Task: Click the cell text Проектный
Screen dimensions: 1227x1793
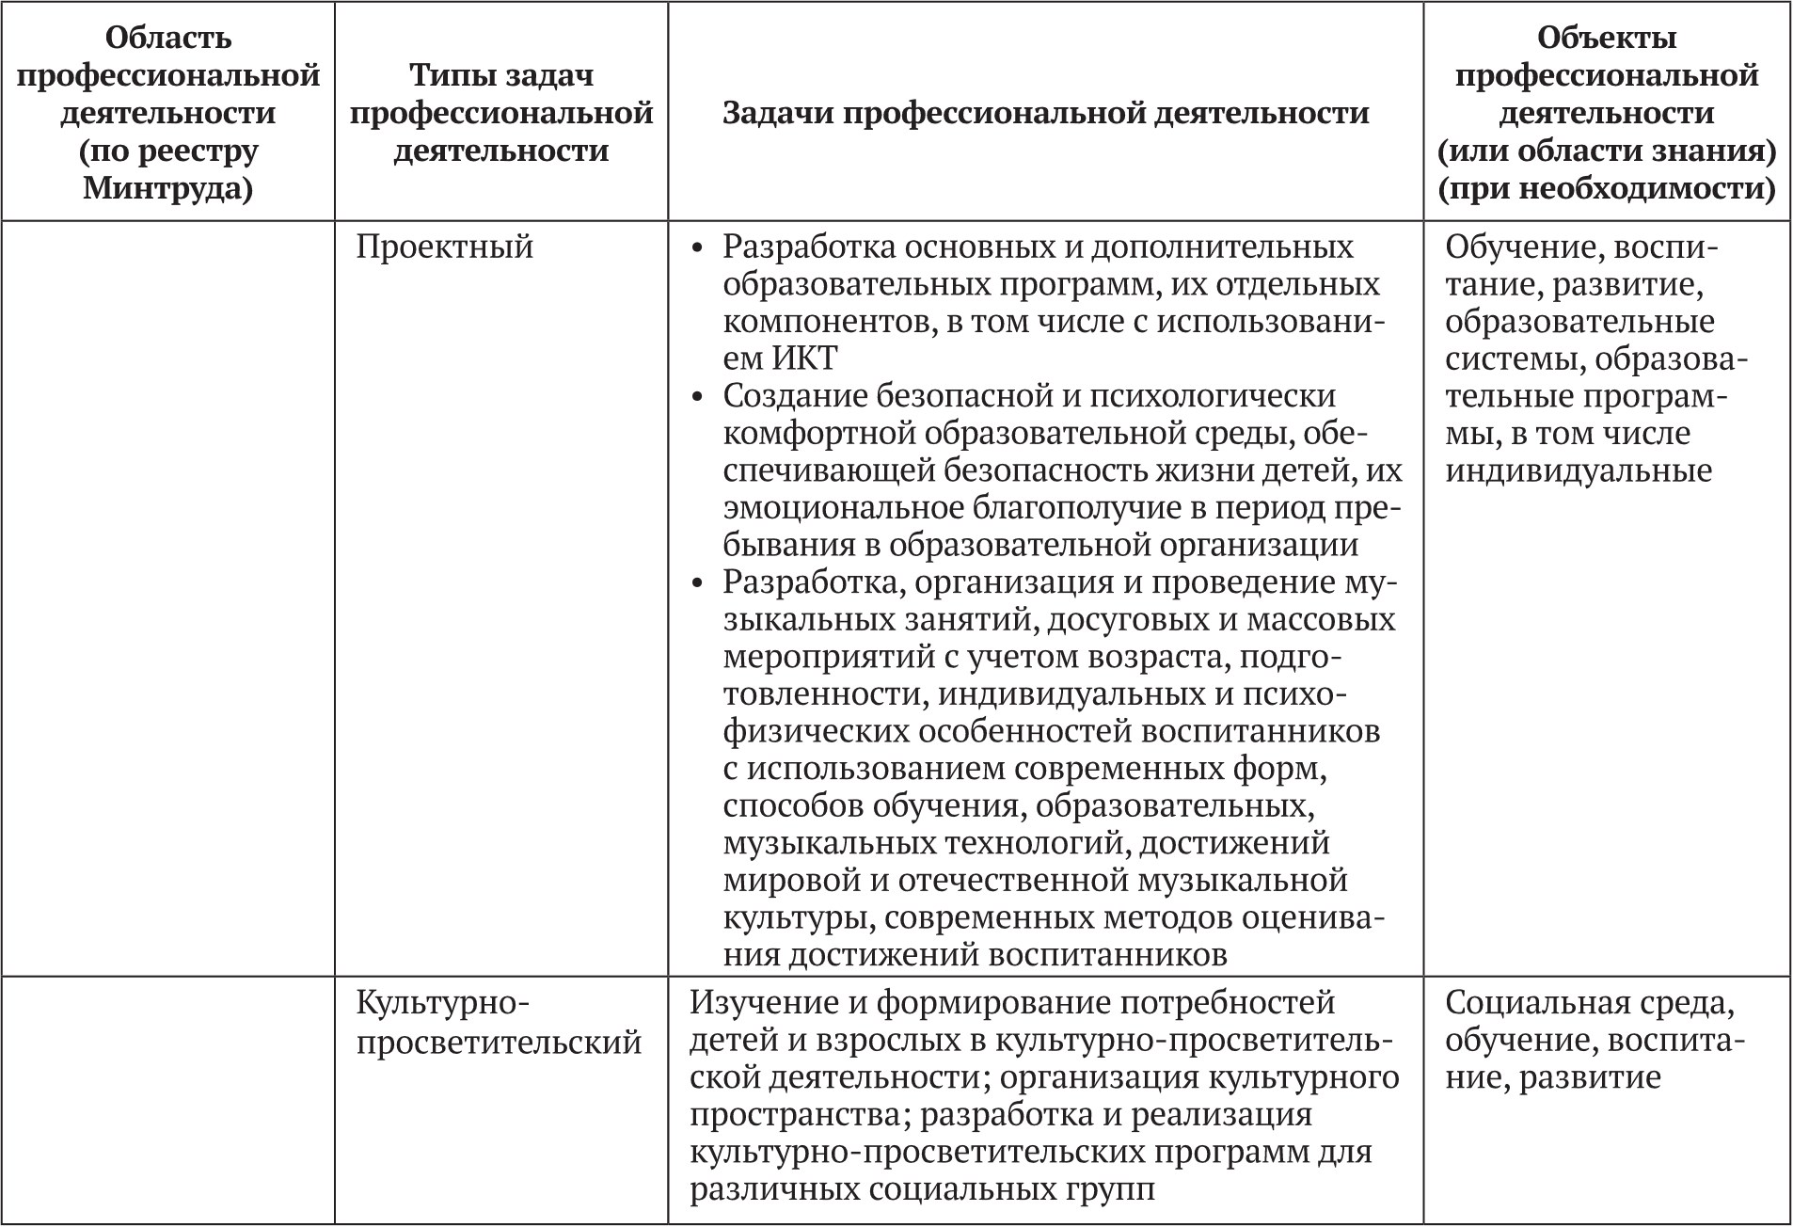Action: [x=445, y=247]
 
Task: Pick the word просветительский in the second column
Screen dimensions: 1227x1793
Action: [x=499, y=1043]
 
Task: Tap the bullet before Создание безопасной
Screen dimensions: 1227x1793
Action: [x=697, y=397]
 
